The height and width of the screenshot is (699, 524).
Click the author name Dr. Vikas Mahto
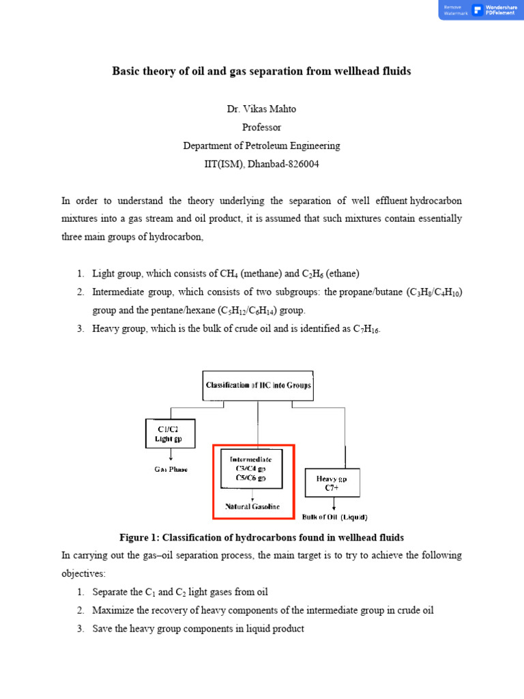coord(261,109)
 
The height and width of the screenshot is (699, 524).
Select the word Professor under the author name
coord(261,128)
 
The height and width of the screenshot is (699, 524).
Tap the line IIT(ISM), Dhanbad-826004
coord(261,165)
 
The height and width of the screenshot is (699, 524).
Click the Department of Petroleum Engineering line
coord(261,146)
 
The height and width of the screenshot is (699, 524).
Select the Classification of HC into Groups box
coord(258,386)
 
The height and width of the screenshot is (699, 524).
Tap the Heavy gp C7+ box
coord(332,483)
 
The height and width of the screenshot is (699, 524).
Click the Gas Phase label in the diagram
coord(171,470)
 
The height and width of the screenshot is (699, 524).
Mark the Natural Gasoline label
coord(253,507)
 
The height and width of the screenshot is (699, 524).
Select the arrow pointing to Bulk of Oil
coord(334,505)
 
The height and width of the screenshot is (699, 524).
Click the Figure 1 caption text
coord(261,537)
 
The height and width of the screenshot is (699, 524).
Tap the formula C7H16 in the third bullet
coord(366,330)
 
